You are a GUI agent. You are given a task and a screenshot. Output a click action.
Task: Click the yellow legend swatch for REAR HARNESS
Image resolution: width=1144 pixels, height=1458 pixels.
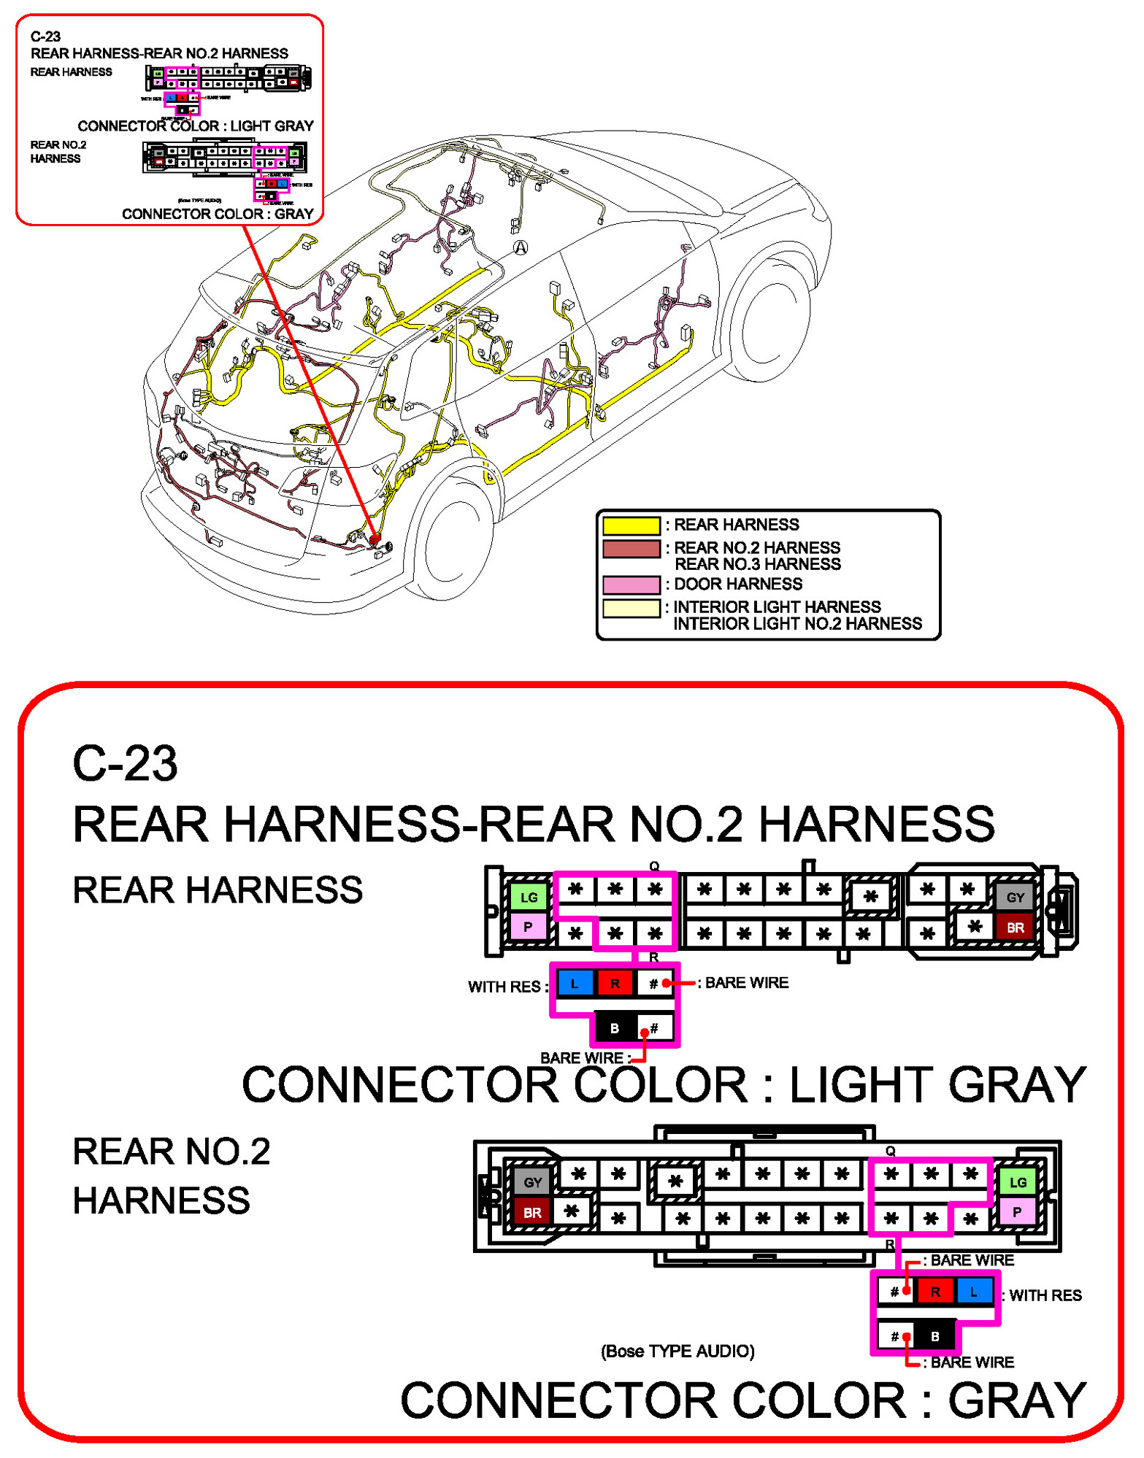pyautogui.click(x=631, y=525)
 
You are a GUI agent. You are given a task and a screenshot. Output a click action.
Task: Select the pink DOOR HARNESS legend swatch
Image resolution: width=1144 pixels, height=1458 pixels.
pyautogui.click(x=631, y=585)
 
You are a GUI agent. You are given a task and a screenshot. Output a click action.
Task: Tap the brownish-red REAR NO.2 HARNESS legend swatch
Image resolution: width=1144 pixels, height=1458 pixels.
pyautogui.click(x=631, y=548)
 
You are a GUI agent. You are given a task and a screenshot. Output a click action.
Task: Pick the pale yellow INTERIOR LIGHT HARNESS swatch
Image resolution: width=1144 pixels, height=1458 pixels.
pyautogui.click(x=631, y=608)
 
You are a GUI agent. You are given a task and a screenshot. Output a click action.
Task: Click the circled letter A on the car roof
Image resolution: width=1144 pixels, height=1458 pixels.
pyautogui.click(x=521, y=247)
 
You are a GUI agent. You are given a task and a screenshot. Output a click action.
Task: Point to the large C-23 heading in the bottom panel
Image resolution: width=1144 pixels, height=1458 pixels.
pyautogui.click(x=125, y=764)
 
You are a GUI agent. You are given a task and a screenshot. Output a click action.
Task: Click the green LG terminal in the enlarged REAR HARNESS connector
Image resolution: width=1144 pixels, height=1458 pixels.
pyautogui.click(x=529, y=897)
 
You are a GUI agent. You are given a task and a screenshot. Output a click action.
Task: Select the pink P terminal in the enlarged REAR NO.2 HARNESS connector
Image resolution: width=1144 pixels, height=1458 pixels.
pyautogui.click(x=1017, y=1212)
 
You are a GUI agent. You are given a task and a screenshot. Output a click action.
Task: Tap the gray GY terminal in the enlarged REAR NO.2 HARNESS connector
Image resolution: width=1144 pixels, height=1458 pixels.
pyautogui.click(x=532, y=1181)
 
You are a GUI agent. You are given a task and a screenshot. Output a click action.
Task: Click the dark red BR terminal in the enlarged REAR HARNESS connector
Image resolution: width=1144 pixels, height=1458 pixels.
pyautogui.click(x=1015, y=927)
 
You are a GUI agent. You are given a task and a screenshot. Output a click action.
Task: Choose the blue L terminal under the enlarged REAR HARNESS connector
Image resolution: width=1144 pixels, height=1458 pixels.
pyautogui.click(x=575, y=984)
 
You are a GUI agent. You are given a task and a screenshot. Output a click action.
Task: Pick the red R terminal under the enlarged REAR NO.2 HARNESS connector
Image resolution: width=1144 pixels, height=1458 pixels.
pyautogui.click(x=934, y=1292)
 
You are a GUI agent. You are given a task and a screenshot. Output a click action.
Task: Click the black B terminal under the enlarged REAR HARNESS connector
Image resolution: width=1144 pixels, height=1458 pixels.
pyautogui.click(x=615, y=1028)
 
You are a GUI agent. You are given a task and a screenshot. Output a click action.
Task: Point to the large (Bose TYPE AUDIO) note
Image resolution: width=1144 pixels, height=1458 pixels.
pyautogui.click(x=677, y=1351)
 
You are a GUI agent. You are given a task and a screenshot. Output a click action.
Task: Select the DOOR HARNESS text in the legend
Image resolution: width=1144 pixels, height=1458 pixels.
pyautogui.click(x=737, y=585)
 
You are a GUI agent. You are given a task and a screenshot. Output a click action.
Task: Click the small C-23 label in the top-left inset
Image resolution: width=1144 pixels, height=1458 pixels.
pyautogui.click(x=45, y=36)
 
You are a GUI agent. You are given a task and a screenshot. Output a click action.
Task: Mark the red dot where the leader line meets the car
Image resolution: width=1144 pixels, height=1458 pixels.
pyautogui.click(x=375, y=539)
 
